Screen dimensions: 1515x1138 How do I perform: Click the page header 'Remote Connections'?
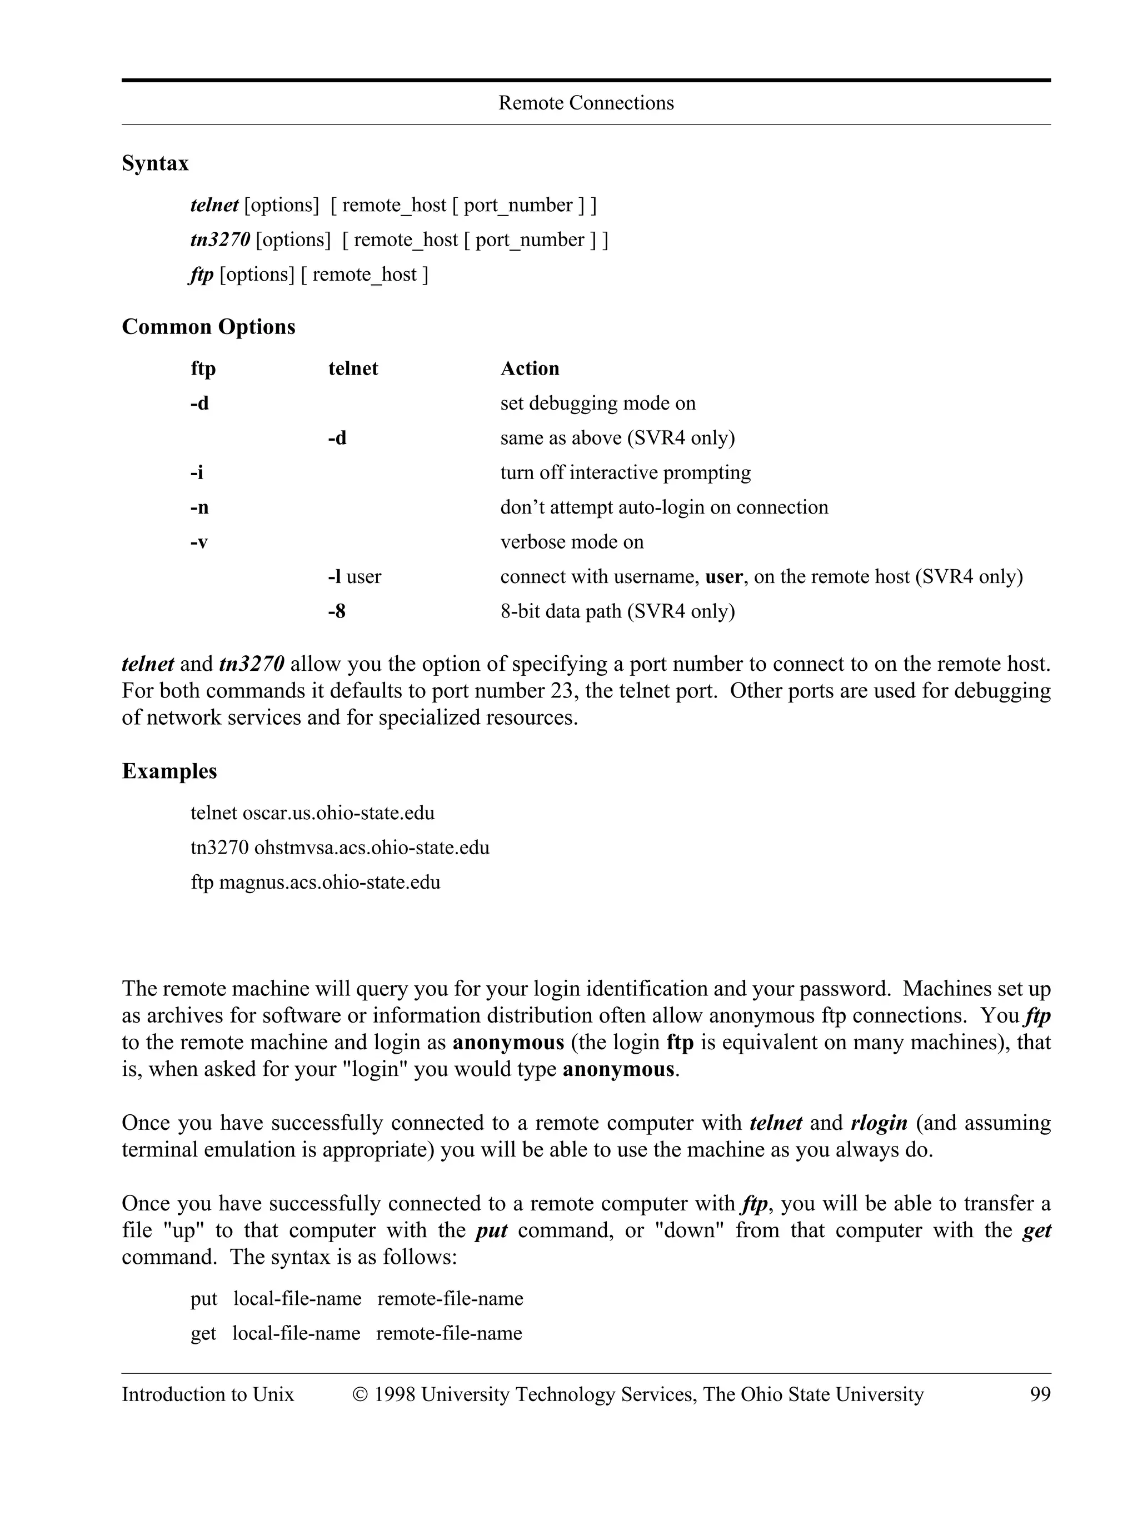point(586,103)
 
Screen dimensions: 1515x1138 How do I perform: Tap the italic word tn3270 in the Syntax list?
point(220,240)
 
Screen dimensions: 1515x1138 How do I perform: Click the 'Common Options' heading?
point(208,327)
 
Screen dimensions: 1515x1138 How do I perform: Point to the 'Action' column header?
point(530,368)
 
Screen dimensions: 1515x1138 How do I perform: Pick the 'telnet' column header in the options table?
point(353,368)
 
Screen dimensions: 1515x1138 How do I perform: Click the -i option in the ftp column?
point(197,472)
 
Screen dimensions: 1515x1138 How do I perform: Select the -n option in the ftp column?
point(199,507)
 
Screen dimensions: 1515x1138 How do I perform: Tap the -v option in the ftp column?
point(198,542)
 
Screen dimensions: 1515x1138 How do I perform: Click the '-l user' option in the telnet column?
point(354,577)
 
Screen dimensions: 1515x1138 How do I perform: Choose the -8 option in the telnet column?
point(336,611)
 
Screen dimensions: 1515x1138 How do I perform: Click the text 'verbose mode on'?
point(572,542)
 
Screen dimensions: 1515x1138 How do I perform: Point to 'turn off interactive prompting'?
point(625,472)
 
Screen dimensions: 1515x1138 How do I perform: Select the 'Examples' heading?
point(169,771)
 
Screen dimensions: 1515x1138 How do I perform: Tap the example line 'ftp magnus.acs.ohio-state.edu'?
point(315,882)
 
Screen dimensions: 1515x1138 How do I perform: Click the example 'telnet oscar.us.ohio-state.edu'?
point(312,813)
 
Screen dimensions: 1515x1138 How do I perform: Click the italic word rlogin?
point(879,1123)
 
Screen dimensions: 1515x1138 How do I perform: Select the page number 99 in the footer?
point(1040,1394)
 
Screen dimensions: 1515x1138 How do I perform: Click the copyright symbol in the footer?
point(360,1395)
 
